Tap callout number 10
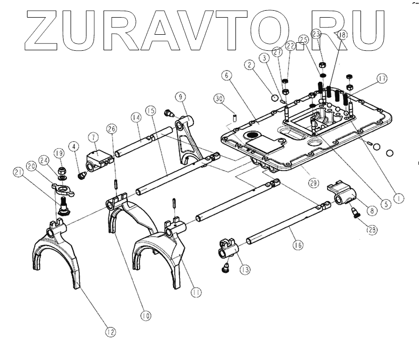point(146,315)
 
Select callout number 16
point(298,246)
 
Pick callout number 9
point(181,97)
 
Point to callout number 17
point(382,79)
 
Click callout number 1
point(396,197)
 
